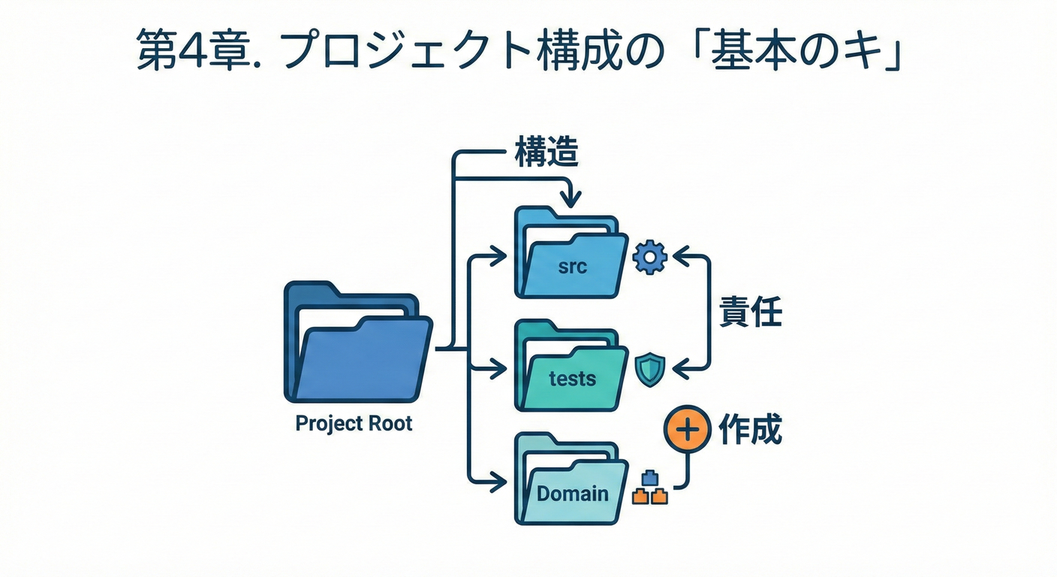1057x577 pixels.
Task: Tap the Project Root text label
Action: (354, 423)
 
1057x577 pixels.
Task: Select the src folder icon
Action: (571, 255)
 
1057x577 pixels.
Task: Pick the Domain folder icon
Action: (571, 481)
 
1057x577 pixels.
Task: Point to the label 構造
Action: (547, 153)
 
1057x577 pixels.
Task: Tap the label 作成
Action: (751, 429)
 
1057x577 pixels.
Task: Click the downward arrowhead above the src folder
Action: (571, 199)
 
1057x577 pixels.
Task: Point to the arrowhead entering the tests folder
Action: (498, 368)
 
